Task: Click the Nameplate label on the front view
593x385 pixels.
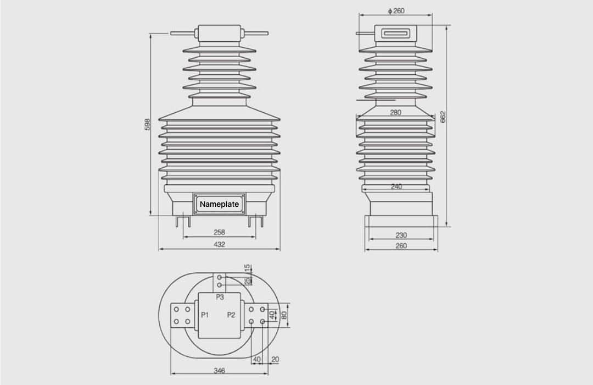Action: (219, 204)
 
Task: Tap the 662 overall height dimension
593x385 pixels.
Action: (443, 117)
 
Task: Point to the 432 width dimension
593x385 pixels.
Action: (219, 244)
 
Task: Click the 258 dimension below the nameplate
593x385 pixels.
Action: (219, 232)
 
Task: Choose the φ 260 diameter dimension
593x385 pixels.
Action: (396, 11)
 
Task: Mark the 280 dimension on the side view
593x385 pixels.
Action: (395, 112)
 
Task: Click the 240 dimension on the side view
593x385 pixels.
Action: (396, 186)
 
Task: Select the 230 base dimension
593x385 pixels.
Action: (401, 235)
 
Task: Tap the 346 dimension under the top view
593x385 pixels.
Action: (219, 371)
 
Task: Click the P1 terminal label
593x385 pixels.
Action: (205, 315)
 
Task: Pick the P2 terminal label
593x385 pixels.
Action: (231, 315)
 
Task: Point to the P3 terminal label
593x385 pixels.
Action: (220, 297)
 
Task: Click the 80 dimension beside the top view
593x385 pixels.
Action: (284, 316)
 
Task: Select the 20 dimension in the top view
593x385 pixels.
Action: (275, 359)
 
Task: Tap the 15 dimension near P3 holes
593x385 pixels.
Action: (247, 268)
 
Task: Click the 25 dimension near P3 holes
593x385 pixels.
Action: (247, 280)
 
